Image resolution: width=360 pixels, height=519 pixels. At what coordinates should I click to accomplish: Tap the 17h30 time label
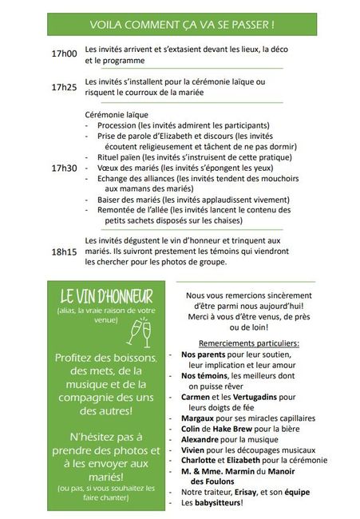[64, 168]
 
